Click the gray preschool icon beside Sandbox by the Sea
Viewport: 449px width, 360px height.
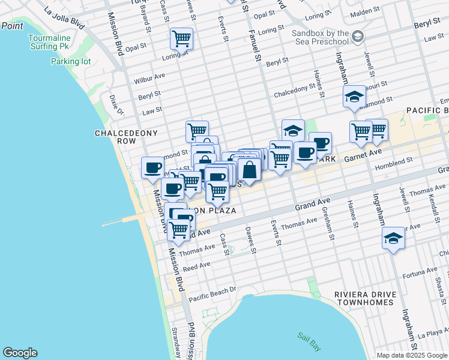[x=358, y=37]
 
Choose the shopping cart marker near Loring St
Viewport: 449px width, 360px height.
[x=181, y=39]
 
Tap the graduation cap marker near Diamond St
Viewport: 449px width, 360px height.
[x=354, y=97]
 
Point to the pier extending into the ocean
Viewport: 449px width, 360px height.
[x=123, y=222]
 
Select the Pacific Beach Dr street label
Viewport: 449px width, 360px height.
[x=212, y=295]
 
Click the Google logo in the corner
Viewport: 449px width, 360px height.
[x=20, y=353]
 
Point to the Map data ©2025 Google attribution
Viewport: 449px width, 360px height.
[x=412, y=355]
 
